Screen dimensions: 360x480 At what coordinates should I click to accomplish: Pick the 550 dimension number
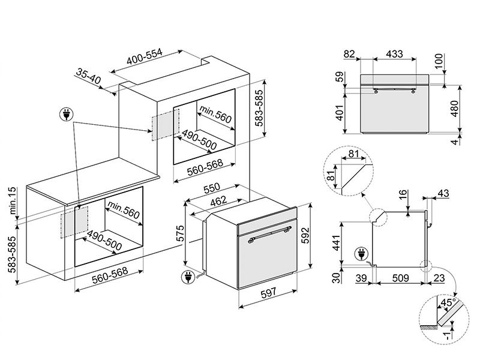click(211, 187)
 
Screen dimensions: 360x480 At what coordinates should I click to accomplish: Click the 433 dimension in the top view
click(394, 54)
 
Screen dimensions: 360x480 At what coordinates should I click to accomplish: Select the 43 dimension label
click(443, 194)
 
